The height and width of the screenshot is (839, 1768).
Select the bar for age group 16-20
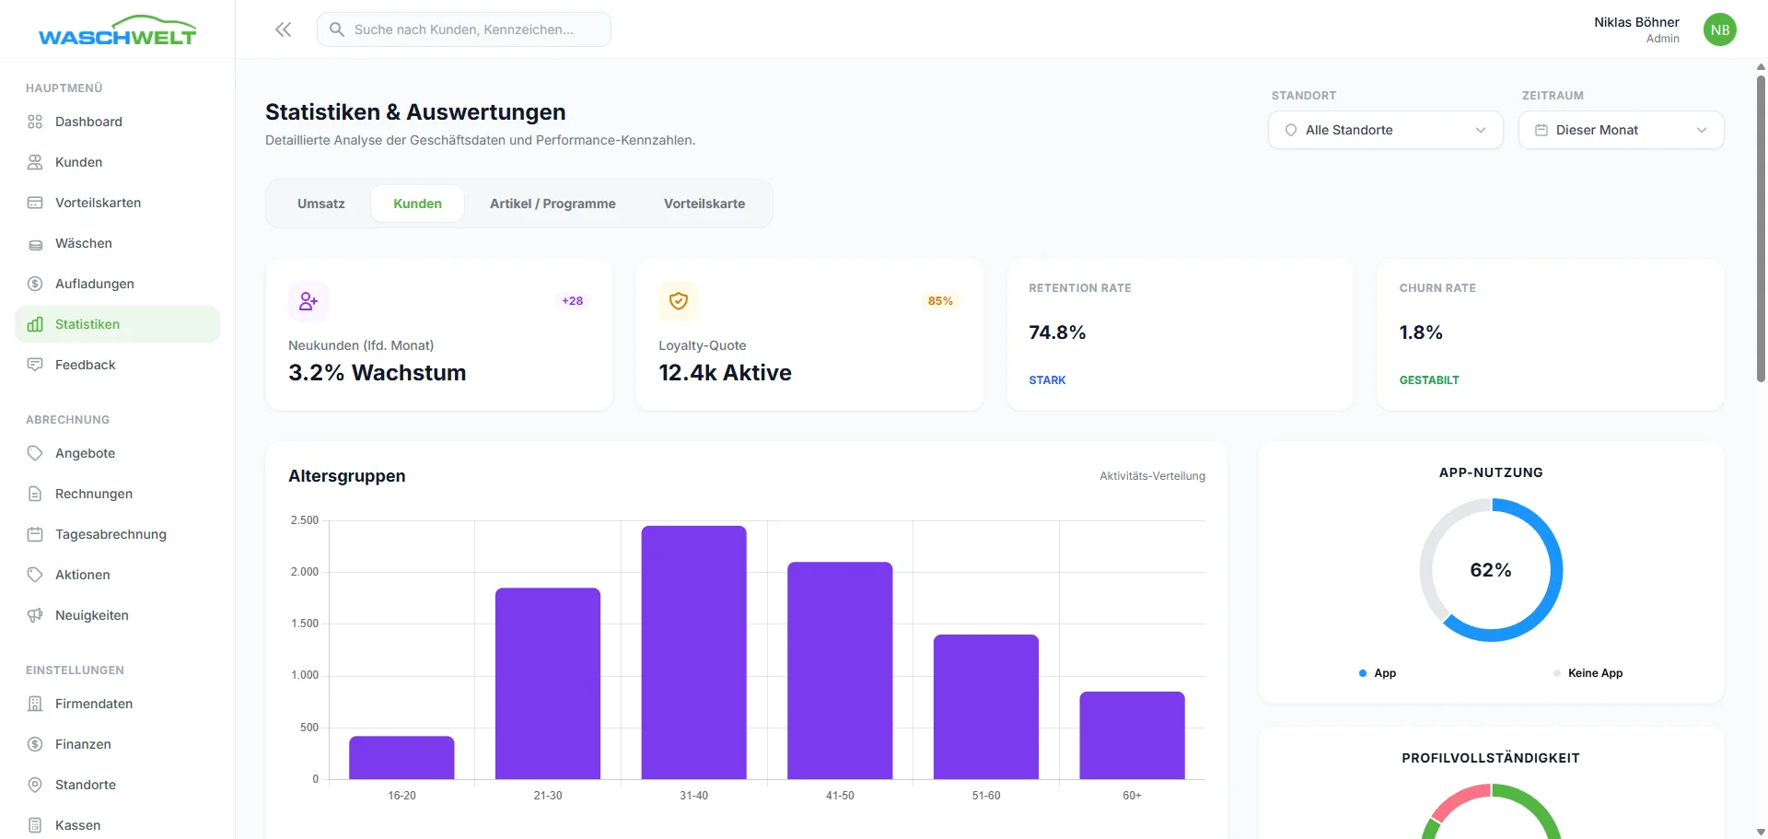point(401,757)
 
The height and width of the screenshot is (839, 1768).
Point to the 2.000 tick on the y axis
point(305,572)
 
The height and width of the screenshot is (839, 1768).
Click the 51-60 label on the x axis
point(985,796)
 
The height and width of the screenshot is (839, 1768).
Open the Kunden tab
point(417,204)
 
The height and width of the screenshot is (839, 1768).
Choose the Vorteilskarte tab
point(704,204)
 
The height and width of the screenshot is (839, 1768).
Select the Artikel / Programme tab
point(552,204)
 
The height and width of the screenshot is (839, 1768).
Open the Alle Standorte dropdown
point(1385,130)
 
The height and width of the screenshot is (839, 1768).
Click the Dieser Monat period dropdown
point(1621,130)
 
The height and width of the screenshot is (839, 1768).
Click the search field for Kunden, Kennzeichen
point(464,29)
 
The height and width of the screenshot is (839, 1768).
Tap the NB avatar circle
point(1719,29)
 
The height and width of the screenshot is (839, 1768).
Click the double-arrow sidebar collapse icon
point(284,29)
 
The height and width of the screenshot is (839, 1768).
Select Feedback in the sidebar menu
point(86,365)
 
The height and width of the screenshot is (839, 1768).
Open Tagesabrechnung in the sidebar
point(110,534)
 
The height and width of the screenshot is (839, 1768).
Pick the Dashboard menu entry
point(88,122)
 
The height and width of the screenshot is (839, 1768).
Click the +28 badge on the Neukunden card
point(572,301)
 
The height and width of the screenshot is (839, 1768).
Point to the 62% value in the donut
point(1491,570)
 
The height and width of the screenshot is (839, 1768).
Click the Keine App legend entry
point(1594,673)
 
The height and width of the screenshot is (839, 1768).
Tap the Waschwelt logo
point(117,31)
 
